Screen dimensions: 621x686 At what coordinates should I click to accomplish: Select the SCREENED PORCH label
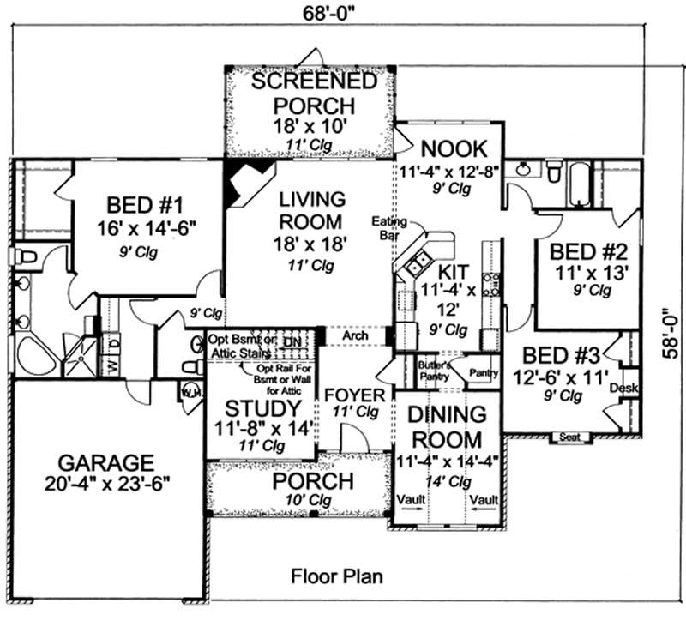314,93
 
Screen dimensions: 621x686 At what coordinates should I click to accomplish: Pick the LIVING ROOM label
312,210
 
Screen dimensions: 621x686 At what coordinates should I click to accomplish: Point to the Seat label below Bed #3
569,437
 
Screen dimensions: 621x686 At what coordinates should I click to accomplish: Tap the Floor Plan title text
335,576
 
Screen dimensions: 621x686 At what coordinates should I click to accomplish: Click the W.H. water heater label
190,395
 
